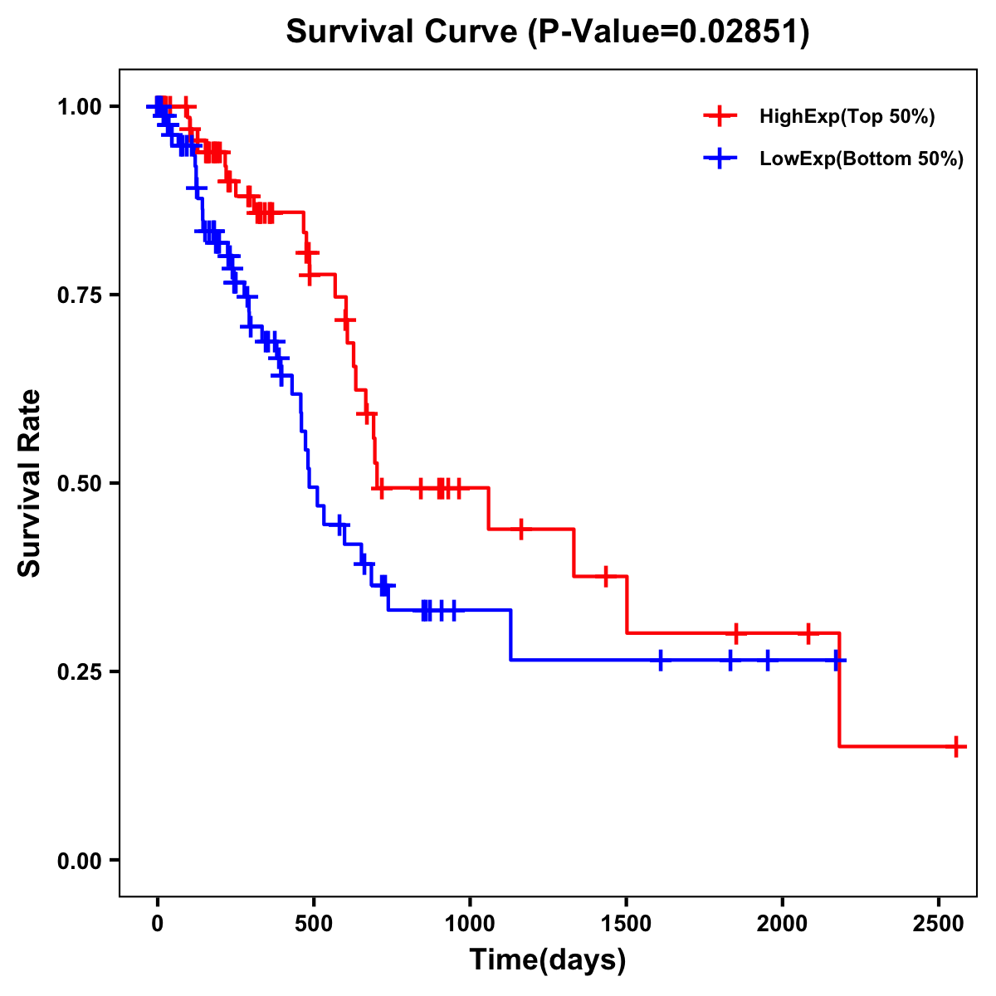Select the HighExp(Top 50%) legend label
[x=847, y=117]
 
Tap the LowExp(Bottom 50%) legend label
[x=862, y=159]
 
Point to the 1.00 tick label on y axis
[x=80, y=106]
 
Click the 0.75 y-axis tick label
[x=80, y=295]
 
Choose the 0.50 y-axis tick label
[x=80, y=483]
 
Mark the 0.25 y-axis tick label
[x=80, y=671]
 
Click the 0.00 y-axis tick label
[x=80, y=860]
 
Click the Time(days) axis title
[x=548, y=960]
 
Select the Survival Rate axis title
[x=31, y=483]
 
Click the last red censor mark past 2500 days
[x=956, y=746]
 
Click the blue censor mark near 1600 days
[x=661, y=660]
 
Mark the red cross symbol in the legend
[x=720, y=117]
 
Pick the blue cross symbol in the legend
[x=720, y=159]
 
